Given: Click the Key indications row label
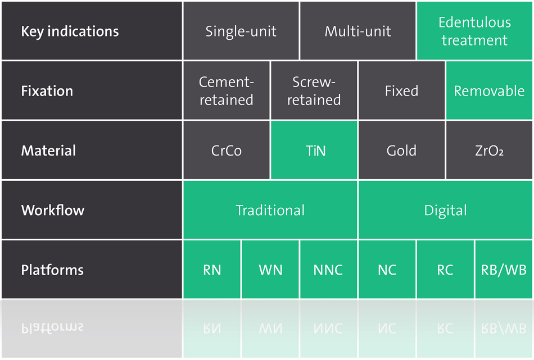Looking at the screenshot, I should [x=70, y=31].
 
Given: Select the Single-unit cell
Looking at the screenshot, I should [x=241, y=31].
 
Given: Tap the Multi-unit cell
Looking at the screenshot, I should [x=357, y=31].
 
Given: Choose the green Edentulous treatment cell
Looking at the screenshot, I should [x=474, y=31].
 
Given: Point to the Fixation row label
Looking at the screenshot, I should [x=47, y=91].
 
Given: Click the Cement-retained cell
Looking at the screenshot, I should [x=226, y=91].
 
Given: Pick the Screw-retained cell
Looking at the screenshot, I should [x=314, y=91].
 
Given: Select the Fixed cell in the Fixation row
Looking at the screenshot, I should [x=401, y=91].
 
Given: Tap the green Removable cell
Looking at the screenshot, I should [x=489, y=91].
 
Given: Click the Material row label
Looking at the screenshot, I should [x=48, y=151].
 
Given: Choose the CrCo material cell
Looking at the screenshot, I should [x=226, y=151].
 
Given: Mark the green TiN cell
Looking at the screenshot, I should [x=314, y=151].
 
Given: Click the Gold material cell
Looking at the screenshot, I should [x=401, y=151].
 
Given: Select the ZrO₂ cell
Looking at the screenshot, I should [x=489, y=151].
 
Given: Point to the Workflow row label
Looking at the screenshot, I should [x=53, y=210].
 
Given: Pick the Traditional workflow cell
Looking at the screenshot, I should [x=270, y=210].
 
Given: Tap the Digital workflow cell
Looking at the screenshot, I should [x=445, y=210].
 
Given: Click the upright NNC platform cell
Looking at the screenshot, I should [x=328, y=270].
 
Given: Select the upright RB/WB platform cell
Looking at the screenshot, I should [x=504, y=270].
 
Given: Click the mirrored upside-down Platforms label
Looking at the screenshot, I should [x=52, y=328].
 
